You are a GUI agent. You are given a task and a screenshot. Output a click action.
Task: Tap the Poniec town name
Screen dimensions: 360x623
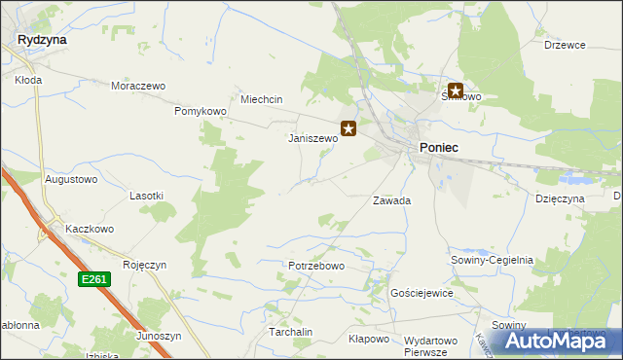click(439, 146)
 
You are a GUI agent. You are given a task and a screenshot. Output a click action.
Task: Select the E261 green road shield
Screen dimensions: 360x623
click(94, 279)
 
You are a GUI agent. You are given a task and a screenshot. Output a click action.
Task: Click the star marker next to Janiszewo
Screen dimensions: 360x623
click(348, 127)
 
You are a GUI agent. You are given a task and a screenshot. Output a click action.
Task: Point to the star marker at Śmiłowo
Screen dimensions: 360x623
click(455, 90)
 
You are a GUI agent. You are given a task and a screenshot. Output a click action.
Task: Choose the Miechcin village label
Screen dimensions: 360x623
click(261, 99)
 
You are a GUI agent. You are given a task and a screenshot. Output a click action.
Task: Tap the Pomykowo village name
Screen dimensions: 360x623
click(200, 112)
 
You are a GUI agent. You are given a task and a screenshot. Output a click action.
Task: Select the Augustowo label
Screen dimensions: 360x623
click(71, 179)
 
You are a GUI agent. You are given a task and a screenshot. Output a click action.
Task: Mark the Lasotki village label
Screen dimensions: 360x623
click(146, 196)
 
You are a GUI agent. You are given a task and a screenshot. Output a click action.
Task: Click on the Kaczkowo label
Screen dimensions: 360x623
click(90, 229)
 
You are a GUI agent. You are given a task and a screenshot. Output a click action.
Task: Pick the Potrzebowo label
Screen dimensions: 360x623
click(316, 266)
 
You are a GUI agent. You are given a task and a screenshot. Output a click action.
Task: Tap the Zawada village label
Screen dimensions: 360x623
click(392, 200)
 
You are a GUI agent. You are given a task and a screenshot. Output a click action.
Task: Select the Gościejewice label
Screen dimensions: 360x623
click(421, 293)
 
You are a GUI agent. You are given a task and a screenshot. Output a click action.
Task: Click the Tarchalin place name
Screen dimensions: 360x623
click(290, 332)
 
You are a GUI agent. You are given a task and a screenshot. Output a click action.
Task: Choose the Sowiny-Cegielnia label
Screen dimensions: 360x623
click(492, 260)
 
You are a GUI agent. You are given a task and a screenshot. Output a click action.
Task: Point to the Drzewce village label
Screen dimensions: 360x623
click(564, 44)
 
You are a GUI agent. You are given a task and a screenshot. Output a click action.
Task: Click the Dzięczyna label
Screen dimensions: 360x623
click(560, 198)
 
